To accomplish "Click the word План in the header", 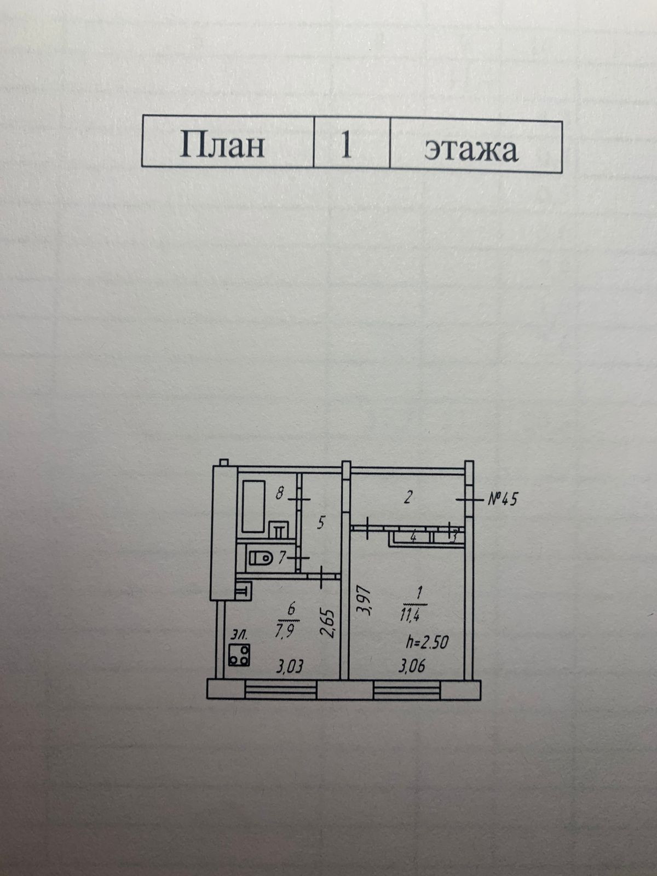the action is [x=222, y=145].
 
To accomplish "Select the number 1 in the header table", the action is [x=346, y=146].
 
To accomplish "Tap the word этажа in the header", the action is [x=471, y=148].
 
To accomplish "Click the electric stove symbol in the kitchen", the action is [x=239, y=655].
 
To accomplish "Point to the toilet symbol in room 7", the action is [x=261, y=558].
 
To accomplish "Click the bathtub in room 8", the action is [x=253, y=506].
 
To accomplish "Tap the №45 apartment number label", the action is [x=502, y=499].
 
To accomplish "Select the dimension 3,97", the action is [x=364, y=601].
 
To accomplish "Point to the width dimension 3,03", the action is [x=290, y=667].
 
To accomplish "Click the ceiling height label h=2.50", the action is [x=427, y=642].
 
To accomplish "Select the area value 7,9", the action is [x=285, y=630].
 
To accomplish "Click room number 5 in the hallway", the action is [x=321, y=522].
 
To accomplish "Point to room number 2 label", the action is [x=407, y=498].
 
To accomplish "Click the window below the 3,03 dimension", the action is [x=280, y=689].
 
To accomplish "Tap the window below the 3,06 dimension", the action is [x=407, y=689].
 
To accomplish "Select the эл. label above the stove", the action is [x=239, y=635].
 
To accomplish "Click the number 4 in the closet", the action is [x=413, y=538].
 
